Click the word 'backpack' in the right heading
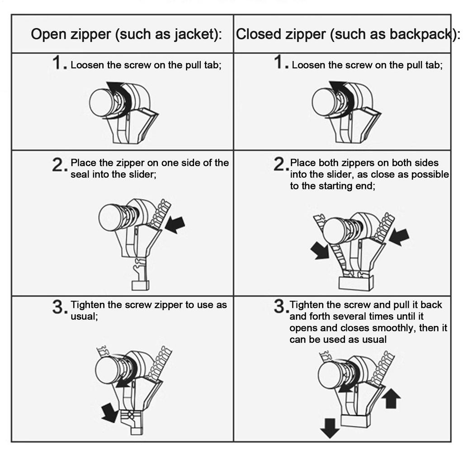422,34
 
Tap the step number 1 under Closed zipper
279,63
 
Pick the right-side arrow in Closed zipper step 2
399,236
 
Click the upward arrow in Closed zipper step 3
391,399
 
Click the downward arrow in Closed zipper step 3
330,428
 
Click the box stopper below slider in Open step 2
140,285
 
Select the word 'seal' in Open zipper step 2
80,175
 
